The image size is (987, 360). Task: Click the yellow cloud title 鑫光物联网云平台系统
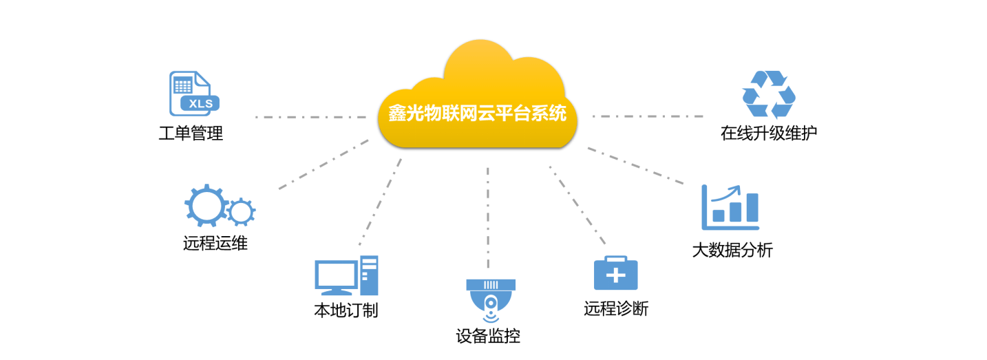coord(476,112)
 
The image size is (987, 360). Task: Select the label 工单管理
coord(191,133)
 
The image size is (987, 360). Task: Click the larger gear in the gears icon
coord(205,204)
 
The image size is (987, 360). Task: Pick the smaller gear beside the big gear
coord(241,212)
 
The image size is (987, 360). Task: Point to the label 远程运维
coord(215,243)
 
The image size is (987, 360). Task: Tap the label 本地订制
coord(346,310)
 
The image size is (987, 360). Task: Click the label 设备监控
coord(488,337)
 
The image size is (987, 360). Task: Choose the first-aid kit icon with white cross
coord(615,275)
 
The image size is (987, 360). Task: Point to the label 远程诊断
coord(616,308)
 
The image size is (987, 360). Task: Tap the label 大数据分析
coord(732,250)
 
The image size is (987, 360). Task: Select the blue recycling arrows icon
coord(769,94)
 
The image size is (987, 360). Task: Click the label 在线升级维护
coord(769,133)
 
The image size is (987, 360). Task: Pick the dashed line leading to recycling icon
coord(647,116)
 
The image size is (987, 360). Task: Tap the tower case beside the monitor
coord(369,275)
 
